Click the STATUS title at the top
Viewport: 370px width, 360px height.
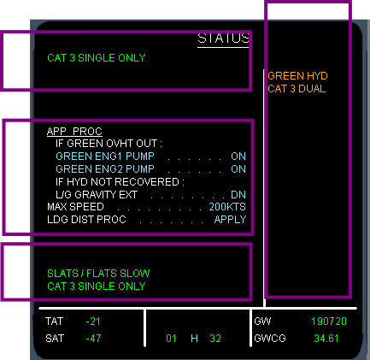coord(223,38)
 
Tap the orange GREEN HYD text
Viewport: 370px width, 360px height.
coord(297,76)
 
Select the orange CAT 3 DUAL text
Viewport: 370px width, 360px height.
coord(297,89)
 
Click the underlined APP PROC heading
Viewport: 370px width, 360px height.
coord(74,131)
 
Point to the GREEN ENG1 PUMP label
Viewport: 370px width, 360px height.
coord(105,156)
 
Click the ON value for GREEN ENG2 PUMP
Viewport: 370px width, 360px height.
coord(238,169)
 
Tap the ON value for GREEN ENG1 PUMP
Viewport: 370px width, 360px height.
coord(238,156)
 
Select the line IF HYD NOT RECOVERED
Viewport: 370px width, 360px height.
coord(120,182)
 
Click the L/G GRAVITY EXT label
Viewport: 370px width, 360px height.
coord(97,195)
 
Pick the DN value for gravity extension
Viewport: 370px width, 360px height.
coord(238,195)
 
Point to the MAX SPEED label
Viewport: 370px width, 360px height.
coord(75,207)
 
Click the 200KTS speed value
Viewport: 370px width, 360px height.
coord(227,207)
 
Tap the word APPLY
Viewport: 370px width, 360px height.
coord(230,220)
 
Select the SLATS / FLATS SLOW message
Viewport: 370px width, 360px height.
coord(98,274)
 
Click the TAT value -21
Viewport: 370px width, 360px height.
coord(93,322)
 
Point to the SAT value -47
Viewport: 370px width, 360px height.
coord(93,339)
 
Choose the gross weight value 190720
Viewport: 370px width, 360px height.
coord(329,322)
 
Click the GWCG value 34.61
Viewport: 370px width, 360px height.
coord(326,339)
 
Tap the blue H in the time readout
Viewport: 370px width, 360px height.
coord(194,339)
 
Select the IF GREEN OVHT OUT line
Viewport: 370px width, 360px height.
coord(109,144)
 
